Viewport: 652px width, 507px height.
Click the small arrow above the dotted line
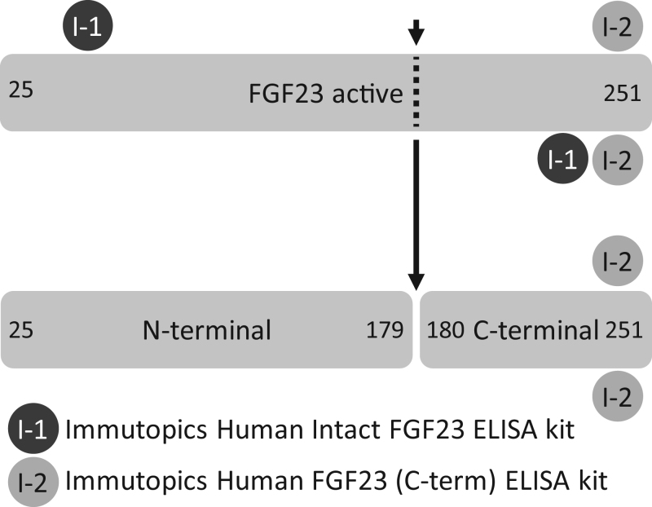[x=416, y=32]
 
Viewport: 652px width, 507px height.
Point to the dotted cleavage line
[x=416, y=92]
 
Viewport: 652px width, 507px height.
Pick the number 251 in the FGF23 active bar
[x=621, y=95]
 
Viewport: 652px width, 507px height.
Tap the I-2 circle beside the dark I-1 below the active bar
[x=618, y=160]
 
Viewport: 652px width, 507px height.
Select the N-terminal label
[x=207, y=331]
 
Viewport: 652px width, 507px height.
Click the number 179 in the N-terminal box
[x=385, y=331]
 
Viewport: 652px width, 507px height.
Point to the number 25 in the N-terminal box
[x=21, y=331]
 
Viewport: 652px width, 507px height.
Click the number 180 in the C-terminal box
[x=445, y=331]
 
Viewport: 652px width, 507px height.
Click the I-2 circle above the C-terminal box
[x=618, y=261]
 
